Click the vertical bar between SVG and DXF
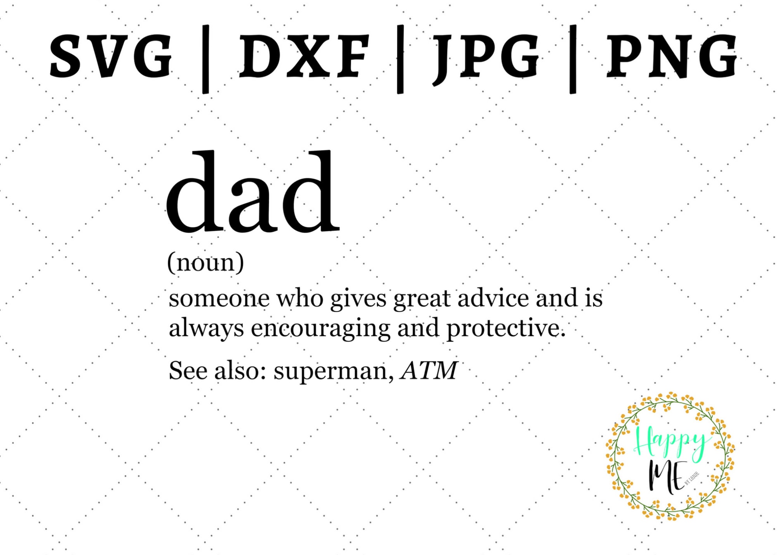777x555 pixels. click(x=206, y=59)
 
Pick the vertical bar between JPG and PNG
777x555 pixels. click(x=573, y=59)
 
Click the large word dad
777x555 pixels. click(x=253, y=192)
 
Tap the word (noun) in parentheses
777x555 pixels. click(x=206, y=262)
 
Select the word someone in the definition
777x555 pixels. click(x=219, y=298)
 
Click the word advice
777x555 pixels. click(x=493, y=298)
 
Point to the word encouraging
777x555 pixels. click(x=321, y=328)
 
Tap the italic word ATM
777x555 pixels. click(x=429, y=370)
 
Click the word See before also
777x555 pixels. click(x=188, y=370)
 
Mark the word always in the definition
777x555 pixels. click(x=206, y=328)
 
